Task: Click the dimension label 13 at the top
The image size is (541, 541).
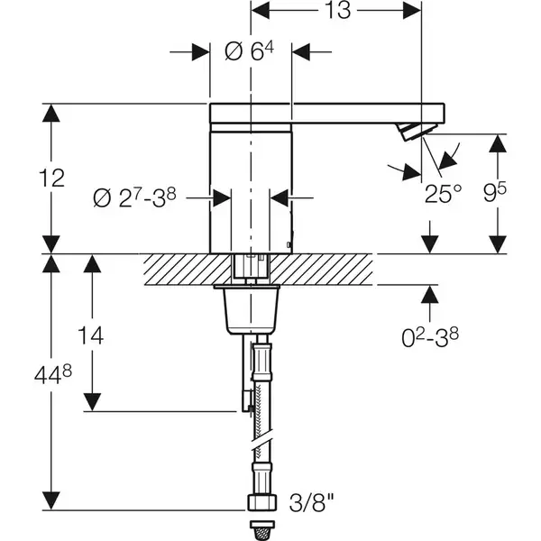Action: (x=338, y=10)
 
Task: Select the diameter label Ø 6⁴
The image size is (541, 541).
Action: (x=249, y=51)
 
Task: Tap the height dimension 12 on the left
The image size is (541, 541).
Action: (x=51, y=178)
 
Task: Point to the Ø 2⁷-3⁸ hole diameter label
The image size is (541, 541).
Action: (x=134, y=198)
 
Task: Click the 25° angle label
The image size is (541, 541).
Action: (x=443, y=194)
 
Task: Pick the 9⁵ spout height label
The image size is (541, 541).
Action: (x=494, y=193)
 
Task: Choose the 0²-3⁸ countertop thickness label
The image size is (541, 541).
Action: (x=430, y=337)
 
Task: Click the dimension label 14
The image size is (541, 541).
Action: (x=91, y=335)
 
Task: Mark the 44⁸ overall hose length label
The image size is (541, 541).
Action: (x=53, y=375)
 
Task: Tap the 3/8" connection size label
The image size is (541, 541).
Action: (x=312, y=503)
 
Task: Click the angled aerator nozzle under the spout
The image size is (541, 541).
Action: (x=416, y=131)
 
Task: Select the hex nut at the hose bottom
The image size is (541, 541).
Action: (x=262, y=503)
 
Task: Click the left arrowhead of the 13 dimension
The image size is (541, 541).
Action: (x=261, y=10)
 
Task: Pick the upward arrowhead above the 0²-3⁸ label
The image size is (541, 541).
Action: (x=429, y=295)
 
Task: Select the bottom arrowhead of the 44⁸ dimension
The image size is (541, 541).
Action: (x=51, y=500)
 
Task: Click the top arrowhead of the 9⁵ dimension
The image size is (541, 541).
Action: (x=498, y=143)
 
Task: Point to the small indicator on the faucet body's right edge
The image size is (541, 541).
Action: (x=289, y=244)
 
